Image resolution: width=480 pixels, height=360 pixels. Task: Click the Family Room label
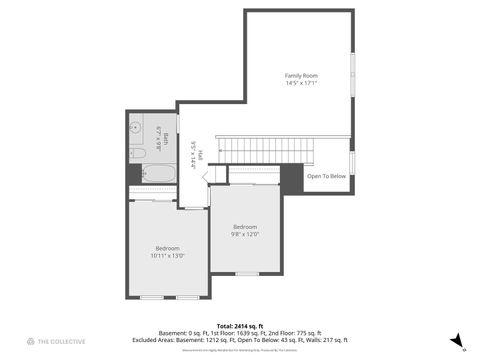point(300,75)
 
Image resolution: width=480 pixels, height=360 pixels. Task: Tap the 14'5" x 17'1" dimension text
point(300,84)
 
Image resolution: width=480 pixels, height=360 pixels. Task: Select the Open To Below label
point(326,176)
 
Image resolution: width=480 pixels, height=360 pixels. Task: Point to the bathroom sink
point(134,130)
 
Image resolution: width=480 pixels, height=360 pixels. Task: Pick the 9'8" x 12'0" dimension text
point(245,235)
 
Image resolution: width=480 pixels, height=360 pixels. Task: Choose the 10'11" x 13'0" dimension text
point(167,256)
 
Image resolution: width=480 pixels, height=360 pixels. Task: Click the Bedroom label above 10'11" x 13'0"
point(167,247)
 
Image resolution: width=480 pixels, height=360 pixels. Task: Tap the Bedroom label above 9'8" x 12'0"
point(245,226)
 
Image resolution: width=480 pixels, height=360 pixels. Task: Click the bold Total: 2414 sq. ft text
point(240,326)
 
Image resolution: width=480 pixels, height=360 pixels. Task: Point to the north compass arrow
point(456,340)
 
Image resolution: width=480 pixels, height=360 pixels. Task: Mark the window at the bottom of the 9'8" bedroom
point(246,273)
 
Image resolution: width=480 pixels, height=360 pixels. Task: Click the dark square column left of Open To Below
point(291,178)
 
